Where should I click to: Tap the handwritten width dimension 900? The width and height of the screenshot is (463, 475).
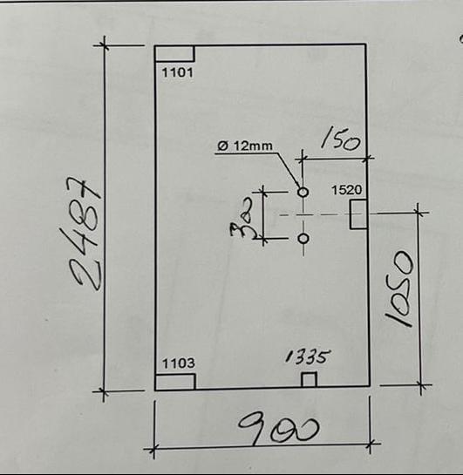click(x=279, y=427)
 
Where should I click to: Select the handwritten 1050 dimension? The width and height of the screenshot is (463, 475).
click(x=400, y=288)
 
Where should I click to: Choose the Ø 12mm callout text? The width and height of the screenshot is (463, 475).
click(x=245, y=146)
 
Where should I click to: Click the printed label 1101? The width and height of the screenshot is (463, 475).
click(x=178, y=72)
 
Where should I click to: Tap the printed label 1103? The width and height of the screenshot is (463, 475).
click(x=178, y=363)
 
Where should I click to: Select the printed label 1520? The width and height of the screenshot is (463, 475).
click(x=347, y=190)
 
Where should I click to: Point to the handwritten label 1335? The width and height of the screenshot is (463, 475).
click(x=308, y=356)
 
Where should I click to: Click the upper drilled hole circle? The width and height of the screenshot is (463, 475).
click(x=303, y=192)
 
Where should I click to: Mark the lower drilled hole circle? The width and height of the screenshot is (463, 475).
click(x=303, y=239)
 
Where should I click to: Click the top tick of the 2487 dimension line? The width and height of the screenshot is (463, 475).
click(x=105, y=45)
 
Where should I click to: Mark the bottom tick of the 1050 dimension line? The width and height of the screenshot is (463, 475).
click(x=421, y=385)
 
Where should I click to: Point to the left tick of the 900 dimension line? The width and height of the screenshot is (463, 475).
click(x=154, y=449)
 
